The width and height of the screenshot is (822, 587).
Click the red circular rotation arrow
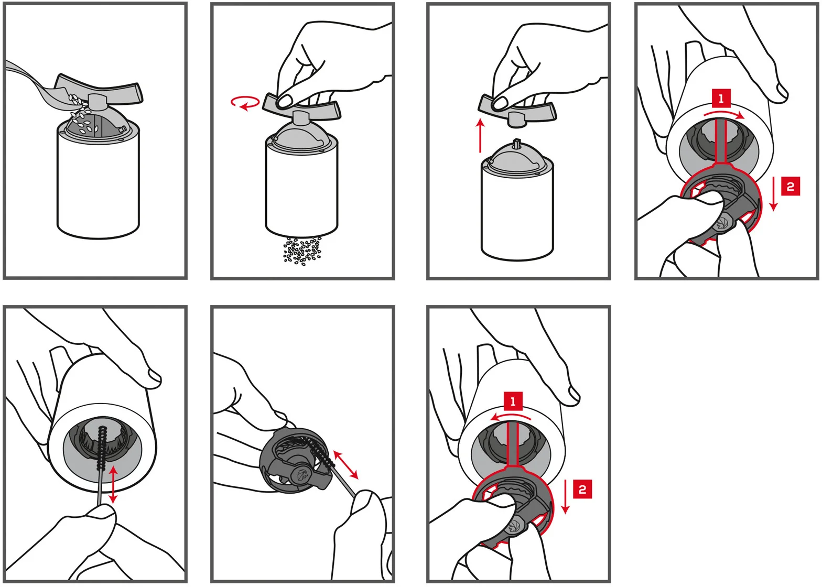pyautogui.click(x=245, y=102)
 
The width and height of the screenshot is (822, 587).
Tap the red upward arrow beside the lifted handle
pyautogui.click(x=480, y=135)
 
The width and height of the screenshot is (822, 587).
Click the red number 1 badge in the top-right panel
pyautogui.click(x=721, y=99)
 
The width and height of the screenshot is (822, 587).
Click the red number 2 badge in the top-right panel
pyautogui.click(x=791, y=187)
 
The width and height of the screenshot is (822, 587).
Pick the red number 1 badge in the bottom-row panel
pyautogui.click(x=513, y=401)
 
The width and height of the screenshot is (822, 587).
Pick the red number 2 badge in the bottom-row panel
pyautogui.click(x=582, y=489)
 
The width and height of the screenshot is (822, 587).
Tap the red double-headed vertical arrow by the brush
pyautogui.click(x=113, y=484)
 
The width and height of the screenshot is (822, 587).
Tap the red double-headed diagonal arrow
pyautogui.click(x=345, y=465)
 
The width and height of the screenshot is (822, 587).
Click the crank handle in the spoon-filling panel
pyautogui.click(x=99, y=90)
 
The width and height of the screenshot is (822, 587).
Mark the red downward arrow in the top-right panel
pyautogui.click(x=774, y=193)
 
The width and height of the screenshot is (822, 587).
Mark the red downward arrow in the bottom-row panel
pyautogui.click(x=565, y=496)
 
